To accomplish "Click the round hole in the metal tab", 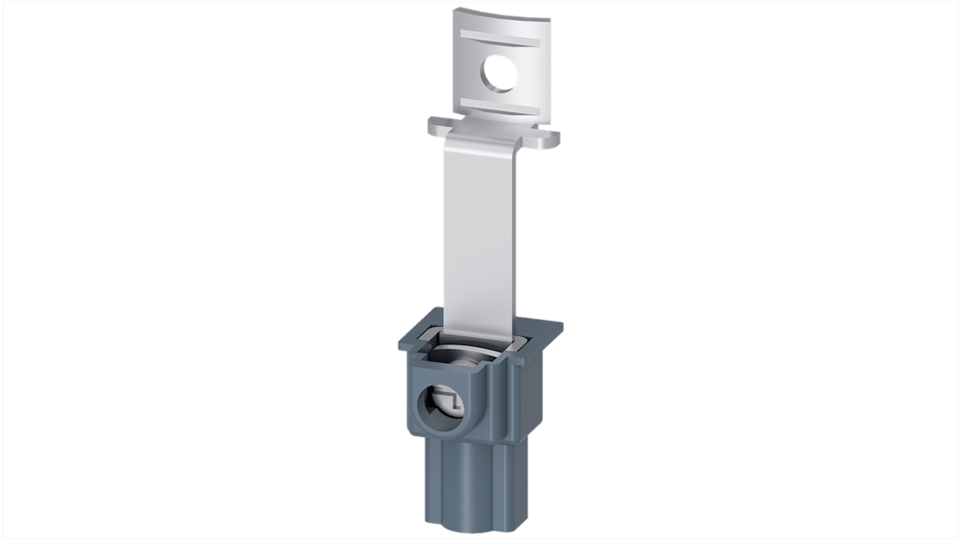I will point(501,74).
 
